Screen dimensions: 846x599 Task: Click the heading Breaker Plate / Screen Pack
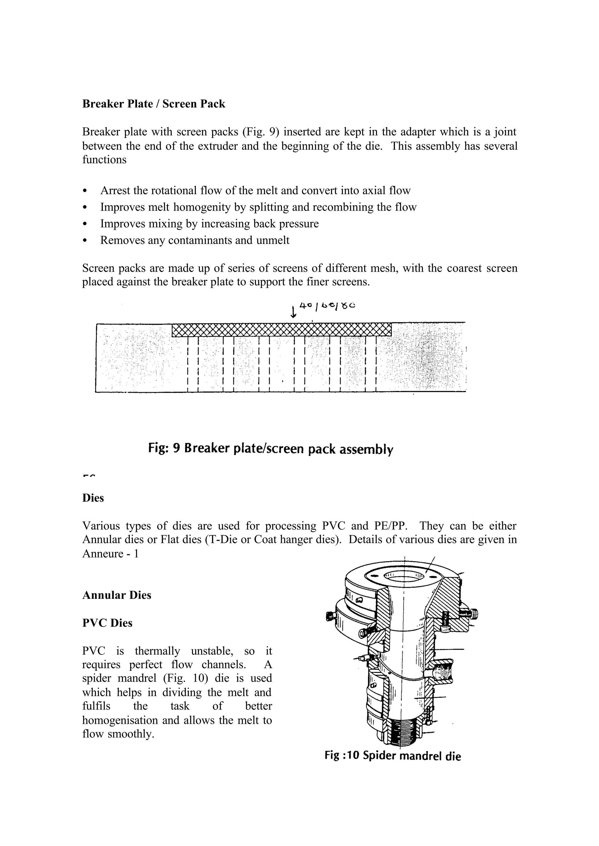tap(154, 104)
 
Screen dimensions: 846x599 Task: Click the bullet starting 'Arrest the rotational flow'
tap(255, 191)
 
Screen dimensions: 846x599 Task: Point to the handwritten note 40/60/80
tap(327, 306)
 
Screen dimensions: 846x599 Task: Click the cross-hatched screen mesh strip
tap(281, 330)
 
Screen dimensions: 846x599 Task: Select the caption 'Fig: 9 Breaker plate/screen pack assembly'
tap(270, 449)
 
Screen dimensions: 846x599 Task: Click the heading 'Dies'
tap(93, 498)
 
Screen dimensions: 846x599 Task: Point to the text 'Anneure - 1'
tap(110, 554)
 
